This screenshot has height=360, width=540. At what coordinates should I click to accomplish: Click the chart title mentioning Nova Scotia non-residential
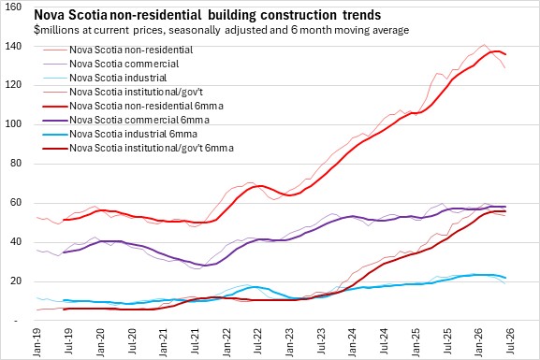coord(208,15)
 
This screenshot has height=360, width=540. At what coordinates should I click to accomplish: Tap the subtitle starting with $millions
coord(222,30)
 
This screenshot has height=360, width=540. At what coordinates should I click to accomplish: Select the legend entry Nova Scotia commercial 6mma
coord(126,120)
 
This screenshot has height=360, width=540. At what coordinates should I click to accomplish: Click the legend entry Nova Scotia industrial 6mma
coord(120,134)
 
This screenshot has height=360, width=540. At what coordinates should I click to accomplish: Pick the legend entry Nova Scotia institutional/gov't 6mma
coord(139,148)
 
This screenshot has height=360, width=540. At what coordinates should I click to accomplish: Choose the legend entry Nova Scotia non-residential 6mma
coord(133,106)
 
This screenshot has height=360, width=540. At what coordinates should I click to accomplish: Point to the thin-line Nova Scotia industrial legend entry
coord(105,78)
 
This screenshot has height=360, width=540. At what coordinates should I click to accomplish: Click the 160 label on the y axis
coord(14,7)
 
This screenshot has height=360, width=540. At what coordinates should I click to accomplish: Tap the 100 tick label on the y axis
coord(14,124)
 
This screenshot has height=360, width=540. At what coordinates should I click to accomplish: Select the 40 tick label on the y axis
coord(16,242)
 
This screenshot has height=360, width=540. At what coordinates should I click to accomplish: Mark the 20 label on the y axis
coord(16,281)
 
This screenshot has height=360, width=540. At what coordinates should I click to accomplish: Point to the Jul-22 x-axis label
coord(257,341)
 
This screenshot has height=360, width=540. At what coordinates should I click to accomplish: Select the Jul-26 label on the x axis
coord(510,341)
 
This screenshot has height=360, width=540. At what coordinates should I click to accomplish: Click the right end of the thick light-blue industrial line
coord(505,278)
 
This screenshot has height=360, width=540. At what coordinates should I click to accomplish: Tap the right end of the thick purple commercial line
coord(505,207)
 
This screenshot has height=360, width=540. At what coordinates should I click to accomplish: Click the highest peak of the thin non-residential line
coord(484,44)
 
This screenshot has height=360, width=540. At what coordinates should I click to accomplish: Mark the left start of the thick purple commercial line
coord(64,252)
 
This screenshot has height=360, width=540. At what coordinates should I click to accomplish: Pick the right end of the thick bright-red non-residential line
coord(505,54)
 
